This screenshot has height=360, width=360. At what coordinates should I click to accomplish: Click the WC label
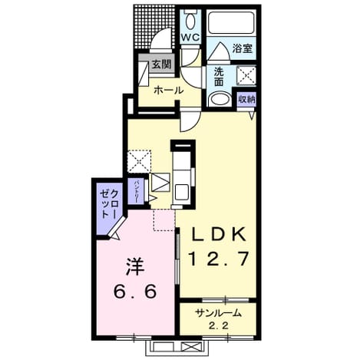190,38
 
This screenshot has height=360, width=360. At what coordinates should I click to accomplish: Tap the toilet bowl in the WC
190,21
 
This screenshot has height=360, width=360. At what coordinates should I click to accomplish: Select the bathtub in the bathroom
233,22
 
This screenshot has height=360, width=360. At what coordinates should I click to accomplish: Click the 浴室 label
243,48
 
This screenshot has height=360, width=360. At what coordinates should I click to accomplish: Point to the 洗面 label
219,77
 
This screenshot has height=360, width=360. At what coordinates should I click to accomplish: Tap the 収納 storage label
247,99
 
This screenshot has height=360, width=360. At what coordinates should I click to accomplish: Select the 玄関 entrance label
162,64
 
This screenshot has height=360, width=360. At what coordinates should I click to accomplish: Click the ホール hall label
169,90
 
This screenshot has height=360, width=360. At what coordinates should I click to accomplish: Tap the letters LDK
218,234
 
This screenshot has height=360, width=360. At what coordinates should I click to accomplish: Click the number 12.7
218,259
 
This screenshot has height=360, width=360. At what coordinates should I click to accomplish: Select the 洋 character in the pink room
135,266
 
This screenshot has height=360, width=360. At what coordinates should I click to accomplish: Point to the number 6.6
135,292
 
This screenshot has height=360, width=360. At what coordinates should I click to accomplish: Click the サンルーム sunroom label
218,312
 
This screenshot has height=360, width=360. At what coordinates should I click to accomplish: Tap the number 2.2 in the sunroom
218,325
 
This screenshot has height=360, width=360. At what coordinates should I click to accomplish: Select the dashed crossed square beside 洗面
246,75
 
